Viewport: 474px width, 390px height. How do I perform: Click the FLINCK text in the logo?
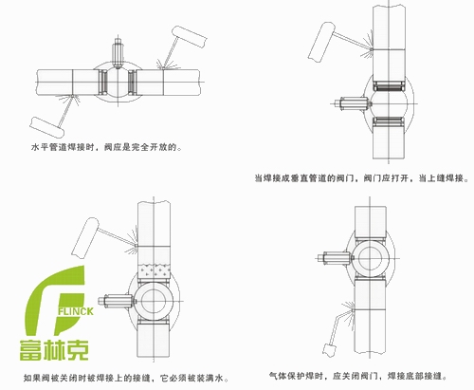(76, 311)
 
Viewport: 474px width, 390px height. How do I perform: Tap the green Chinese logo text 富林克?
(54, 349)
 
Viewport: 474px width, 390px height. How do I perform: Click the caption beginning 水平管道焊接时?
(106, 147)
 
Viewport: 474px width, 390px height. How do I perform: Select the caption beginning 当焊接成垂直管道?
(362, 178)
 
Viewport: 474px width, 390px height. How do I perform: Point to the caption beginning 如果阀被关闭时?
(126, 378)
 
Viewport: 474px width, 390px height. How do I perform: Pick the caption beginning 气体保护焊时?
(358, 376)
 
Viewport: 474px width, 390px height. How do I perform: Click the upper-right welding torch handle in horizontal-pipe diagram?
(190, 37)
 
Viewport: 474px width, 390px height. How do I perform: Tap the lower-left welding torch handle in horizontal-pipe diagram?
(47, 127)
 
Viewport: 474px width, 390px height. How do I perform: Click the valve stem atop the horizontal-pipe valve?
(118, 53)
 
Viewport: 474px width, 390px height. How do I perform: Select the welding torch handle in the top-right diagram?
(321, 42)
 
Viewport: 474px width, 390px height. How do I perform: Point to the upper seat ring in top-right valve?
(389, 85)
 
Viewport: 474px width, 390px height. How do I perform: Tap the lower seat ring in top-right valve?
(389, 121)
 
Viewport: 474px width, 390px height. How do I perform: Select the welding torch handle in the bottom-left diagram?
(85, 237)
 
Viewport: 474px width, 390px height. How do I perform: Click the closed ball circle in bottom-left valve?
(154, 301)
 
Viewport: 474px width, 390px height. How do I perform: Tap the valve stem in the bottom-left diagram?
(117, 301)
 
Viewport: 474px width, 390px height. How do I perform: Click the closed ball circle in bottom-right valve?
(370, 258)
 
